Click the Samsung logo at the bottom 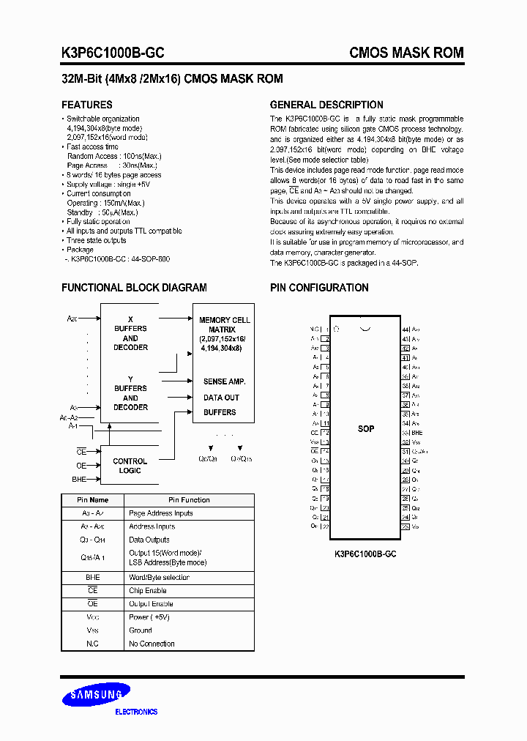point(96,695)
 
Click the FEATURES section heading point(87,105)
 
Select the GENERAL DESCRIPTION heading point(326,105)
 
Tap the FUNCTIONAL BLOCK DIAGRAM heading point(134,288)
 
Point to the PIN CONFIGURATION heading point(319,288)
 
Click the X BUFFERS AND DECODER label point(130,333)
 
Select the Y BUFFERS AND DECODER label point(130,393)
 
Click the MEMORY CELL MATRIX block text point(225,335)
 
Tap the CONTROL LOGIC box point(130,466)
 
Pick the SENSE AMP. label point(224,381)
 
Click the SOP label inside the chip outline point(366,428)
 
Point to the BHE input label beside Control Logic point(79,479)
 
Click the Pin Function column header point(189,500)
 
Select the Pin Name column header point(93,500)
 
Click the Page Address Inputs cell point(161,513)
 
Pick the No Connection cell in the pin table point(152,644)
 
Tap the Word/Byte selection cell point(159,578)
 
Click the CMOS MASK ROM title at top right point(406,53)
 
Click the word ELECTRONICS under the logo point(137,712)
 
